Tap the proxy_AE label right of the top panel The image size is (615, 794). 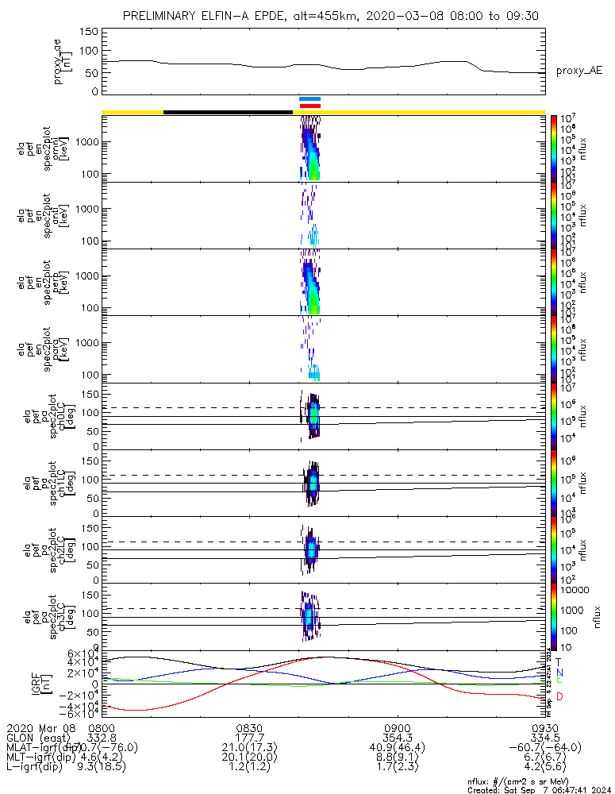point(578,71)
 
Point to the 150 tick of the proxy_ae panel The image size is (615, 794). point(89,32)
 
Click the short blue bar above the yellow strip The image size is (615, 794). point(309,98)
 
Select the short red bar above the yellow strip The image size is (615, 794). point(309,105)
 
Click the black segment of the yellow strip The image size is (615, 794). point(228,112)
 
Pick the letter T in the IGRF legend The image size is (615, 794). point(559,661)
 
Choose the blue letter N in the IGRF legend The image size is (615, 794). point(559,672)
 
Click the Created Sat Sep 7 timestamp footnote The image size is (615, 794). point(536,790)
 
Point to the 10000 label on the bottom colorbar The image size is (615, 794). point(578,591)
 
